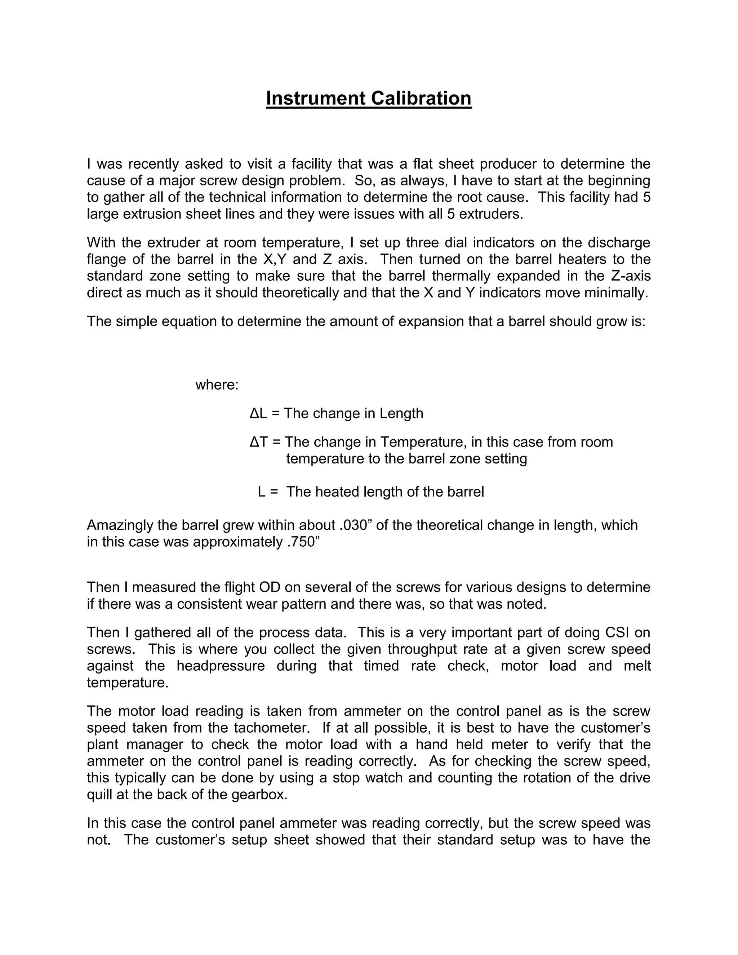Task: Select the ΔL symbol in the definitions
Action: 258,413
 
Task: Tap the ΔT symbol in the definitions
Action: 258,442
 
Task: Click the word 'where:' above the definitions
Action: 217,385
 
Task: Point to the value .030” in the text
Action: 355,525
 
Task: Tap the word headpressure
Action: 221,666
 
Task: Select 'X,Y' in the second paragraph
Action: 274,259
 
